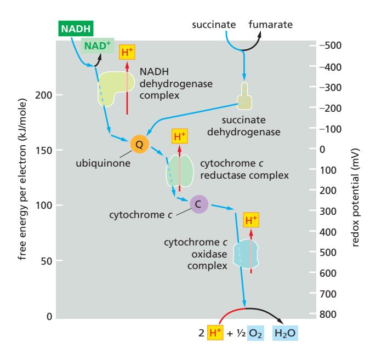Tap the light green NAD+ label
[98, 45]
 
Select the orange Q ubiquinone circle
[139, 144]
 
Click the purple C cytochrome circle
[198, 204]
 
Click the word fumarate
[271, 25]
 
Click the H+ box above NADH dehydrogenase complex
[127, 52]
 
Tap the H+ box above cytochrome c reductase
[179, 136]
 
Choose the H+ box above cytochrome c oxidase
[250, 220]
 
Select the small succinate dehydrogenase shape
[244, 96]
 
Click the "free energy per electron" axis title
[24, 181]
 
